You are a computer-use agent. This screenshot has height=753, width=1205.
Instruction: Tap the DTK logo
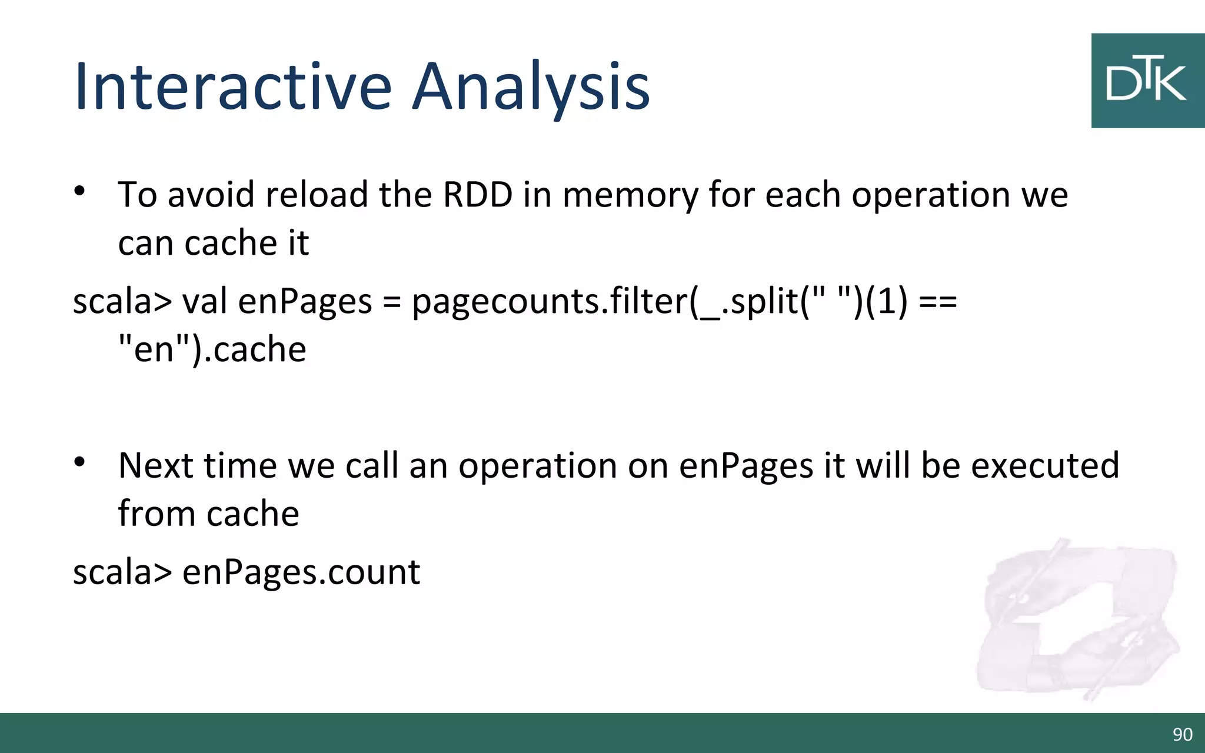pos(1147,81)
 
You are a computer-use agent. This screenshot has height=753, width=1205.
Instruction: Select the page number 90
pos(1182,734)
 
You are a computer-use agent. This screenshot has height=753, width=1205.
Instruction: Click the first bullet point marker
pos(80,191)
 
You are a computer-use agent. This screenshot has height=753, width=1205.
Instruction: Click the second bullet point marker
pos(80,462)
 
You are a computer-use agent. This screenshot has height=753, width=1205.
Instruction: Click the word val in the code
pos(204,301)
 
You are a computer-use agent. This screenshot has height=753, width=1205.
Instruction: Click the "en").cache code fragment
pos(212,349)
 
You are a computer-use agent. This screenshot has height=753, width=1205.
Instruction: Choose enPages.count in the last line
pos(301,572)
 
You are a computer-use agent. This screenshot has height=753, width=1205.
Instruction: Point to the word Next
pos(156,465)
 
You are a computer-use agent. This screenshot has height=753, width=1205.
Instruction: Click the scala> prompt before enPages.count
pos(122,572)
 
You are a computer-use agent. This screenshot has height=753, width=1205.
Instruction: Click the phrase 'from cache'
pos(208,514)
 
